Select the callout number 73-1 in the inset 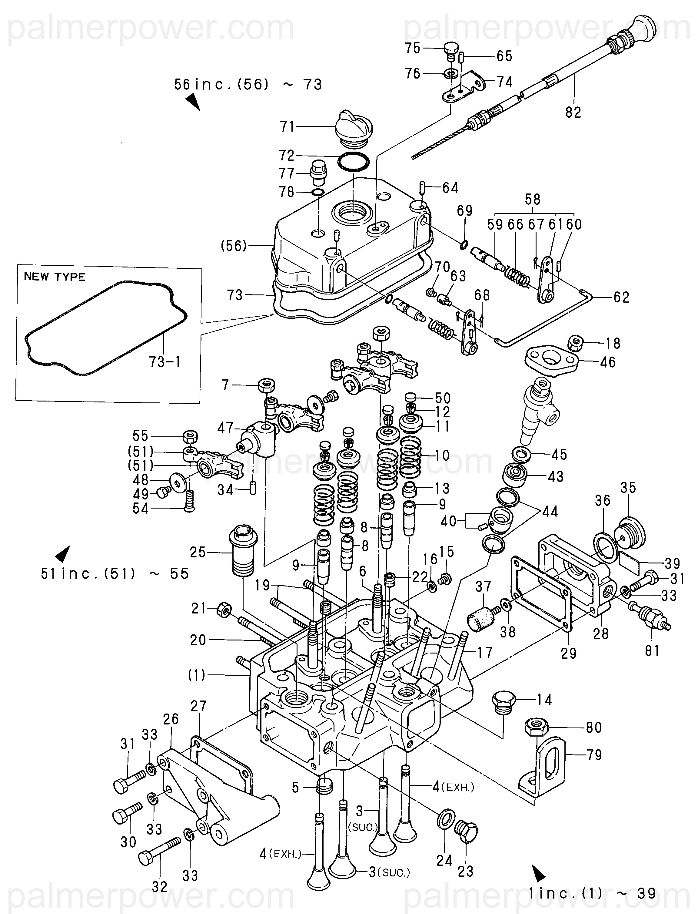coord(165,362)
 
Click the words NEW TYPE coord(55,277)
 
